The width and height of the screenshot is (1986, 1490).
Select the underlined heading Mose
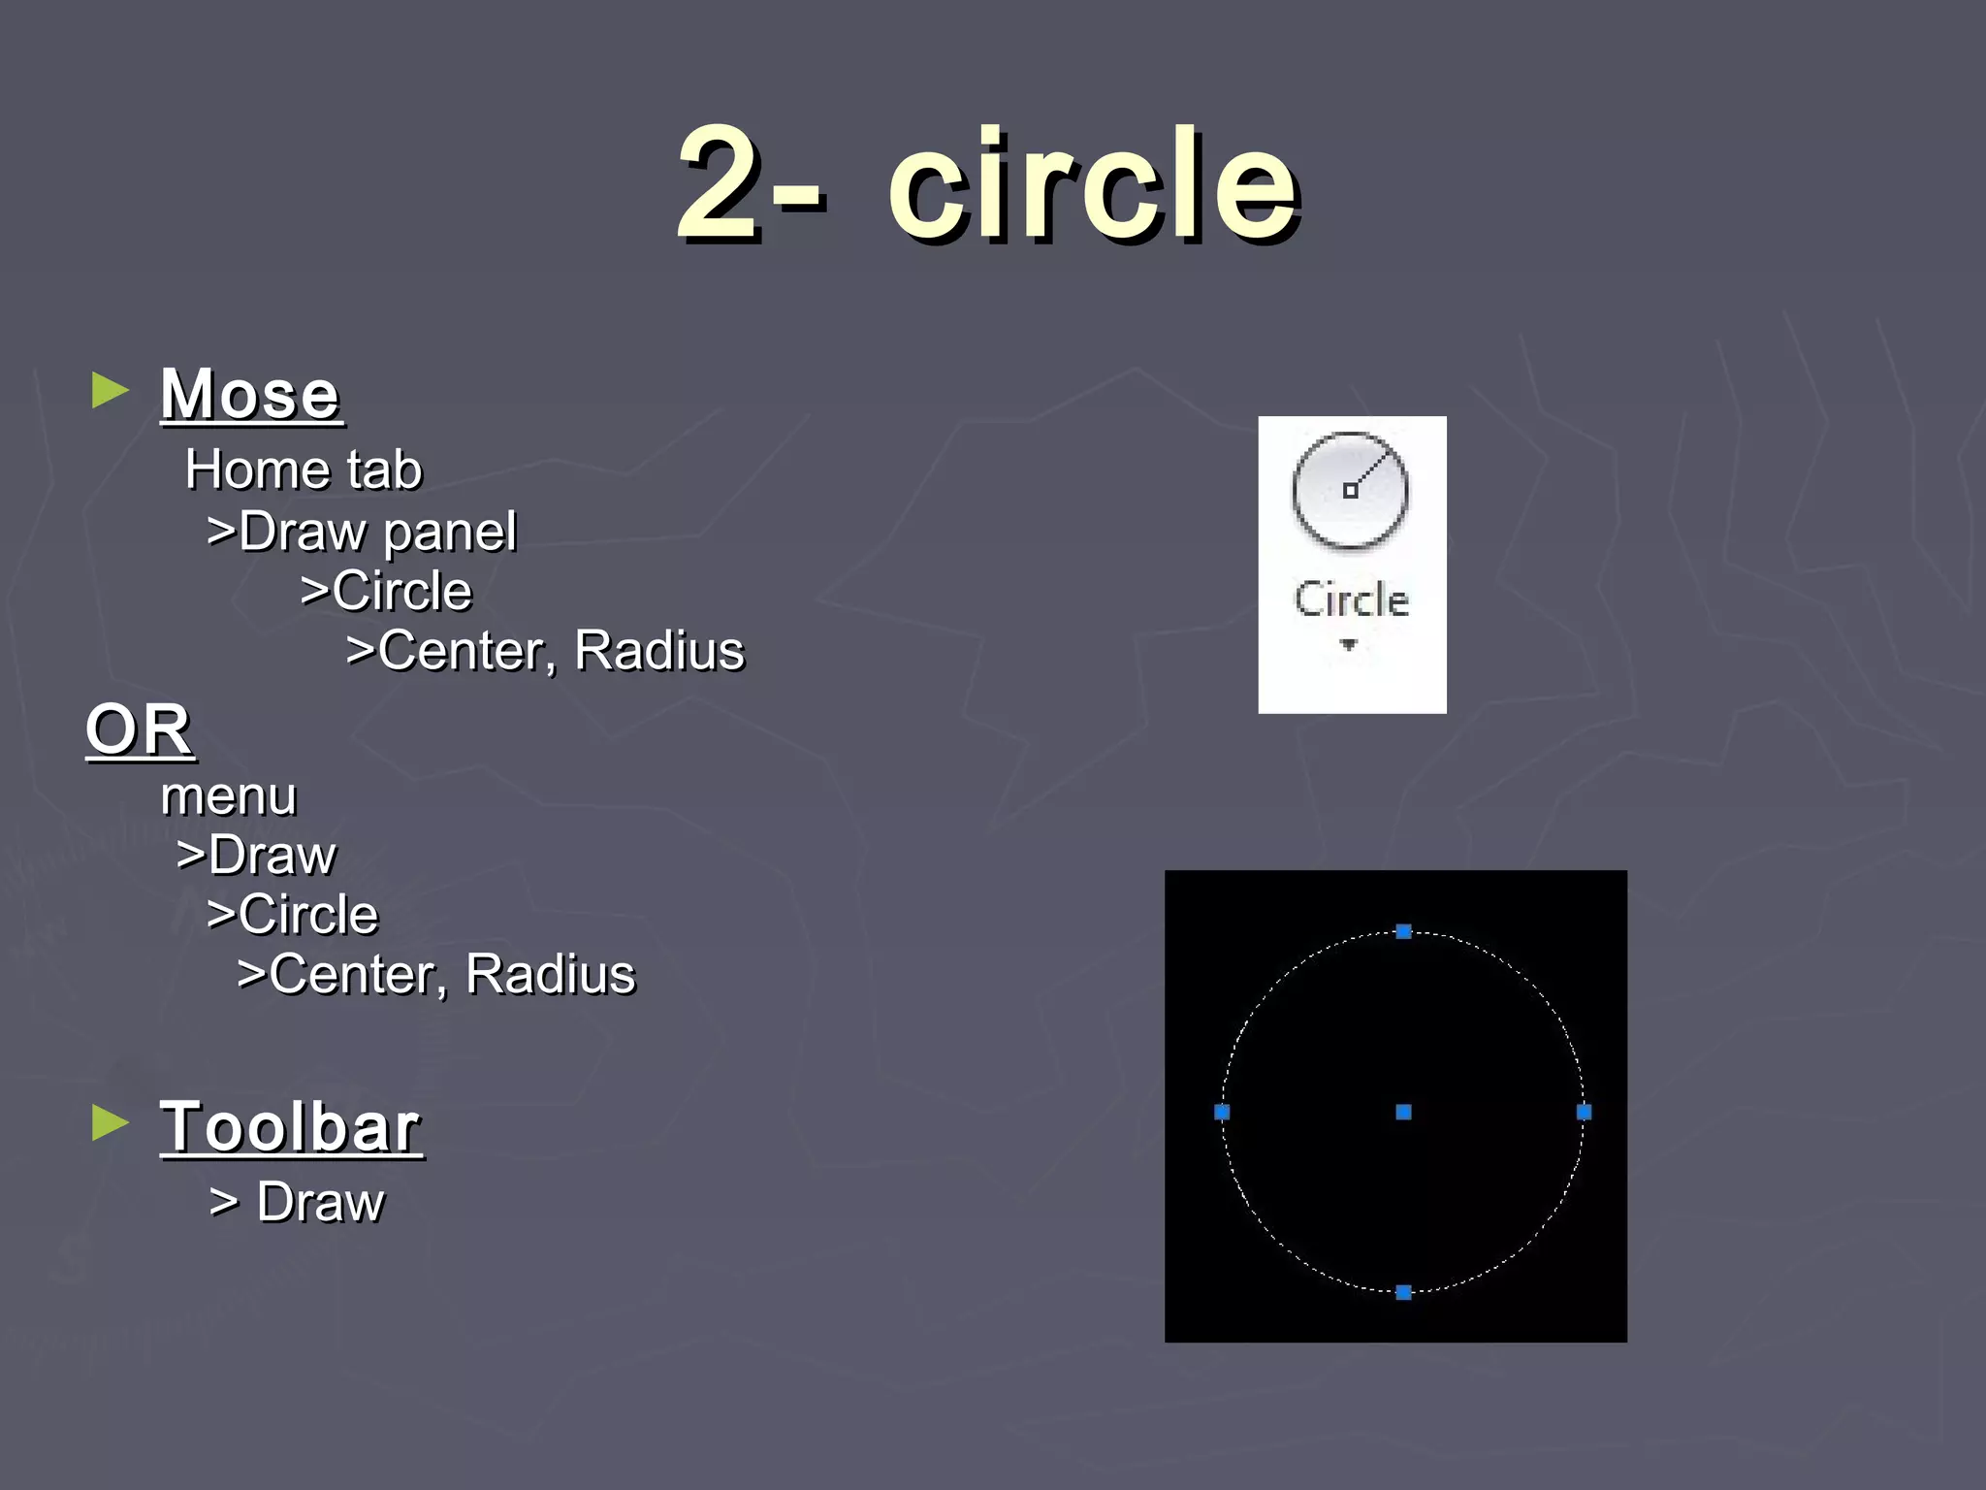[x=250, y=395]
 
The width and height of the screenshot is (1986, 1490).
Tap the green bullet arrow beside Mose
[x=110, y=391]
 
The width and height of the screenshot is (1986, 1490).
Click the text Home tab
[x=304, y=470]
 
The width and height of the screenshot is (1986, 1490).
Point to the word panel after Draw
[x=450, y=533]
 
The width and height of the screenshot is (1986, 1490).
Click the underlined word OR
[x=139, y=729]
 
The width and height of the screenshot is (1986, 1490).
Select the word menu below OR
[x=229, y=797]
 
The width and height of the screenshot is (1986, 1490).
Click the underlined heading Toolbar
[x=291, y=1127]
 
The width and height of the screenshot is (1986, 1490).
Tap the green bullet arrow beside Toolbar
[x=110, y=1123]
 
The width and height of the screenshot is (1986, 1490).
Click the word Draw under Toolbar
[x=320, y=1203]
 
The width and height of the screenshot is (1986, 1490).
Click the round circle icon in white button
[x=1350, y=491]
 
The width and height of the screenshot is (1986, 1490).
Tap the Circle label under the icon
[x=1351, y=599]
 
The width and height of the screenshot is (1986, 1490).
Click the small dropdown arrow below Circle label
[x=1348, y=644]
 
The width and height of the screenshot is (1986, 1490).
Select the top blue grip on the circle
[x=1403, y=931]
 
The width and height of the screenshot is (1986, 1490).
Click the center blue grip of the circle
[x=1403, y=1112]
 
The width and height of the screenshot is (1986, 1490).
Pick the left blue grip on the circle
[x=1222, y=1112]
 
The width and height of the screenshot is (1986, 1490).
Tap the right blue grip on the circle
[x=1584, y=1112]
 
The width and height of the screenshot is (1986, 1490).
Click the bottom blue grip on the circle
[x=1403, y=1292]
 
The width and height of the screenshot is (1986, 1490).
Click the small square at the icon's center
[x=1349, y=491]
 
